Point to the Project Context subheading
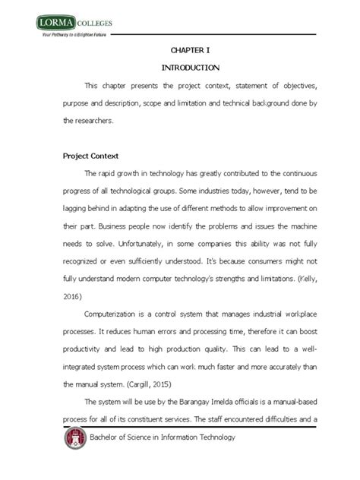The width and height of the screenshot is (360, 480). [x=92, y=156]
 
